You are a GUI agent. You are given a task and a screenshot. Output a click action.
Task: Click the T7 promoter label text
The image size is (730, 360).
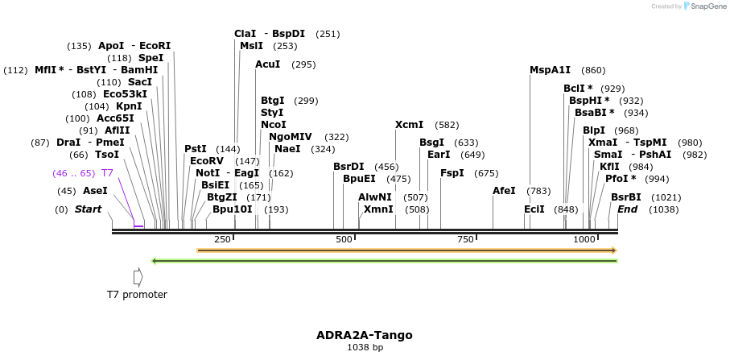pos(138,295)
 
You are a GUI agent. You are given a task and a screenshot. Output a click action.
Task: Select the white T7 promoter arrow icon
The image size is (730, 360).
pos(138,276)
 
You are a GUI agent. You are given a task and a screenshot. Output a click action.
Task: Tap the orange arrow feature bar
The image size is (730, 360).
pos(406,250)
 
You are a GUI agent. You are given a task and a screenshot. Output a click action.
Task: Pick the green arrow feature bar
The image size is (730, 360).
pos(384,261)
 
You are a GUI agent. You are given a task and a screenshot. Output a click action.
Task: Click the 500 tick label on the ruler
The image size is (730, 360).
pos(344,239)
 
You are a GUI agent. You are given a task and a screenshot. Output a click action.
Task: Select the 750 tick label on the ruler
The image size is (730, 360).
pos(465,239)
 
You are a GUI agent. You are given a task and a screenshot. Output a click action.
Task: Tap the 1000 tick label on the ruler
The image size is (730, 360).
pos(584,239)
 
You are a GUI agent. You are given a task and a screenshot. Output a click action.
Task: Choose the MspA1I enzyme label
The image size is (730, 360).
pos(550,70)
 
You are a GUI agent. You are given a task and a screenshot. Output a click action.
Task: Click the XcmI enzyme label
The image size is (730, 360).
pos(409,125)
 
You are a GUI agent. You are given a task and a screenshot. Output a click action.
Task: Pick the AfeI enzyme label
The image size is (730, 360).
pos(504,191)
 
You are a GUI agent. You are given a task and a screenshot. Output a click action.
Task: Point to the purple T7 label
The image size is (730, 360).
pos(107,173)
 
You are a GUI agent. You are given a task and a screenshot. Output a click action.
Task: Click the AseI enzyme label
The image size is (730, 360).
pos(95,191)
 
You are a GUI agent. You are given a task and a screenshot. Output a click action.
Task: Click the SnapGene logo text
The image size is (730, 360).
pos(706,6)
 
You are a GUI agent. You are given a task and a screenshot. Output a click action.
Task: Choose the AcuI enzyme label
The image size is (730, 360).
pos(267,64)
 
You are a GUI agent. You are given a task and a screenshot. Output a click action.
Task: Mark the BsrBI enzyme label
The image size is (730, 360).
pos(625,197)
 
